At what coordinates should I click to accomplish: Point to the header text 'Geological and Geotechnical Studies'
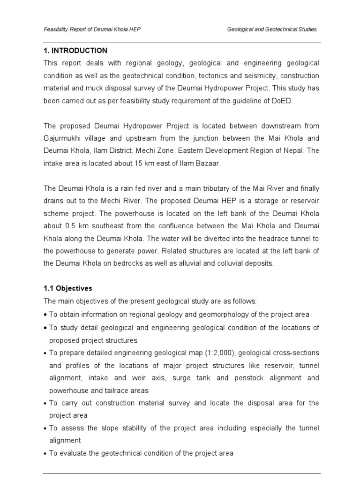click(272, 29)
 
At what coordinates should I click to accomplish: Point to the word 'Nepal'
click(294, 151)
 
